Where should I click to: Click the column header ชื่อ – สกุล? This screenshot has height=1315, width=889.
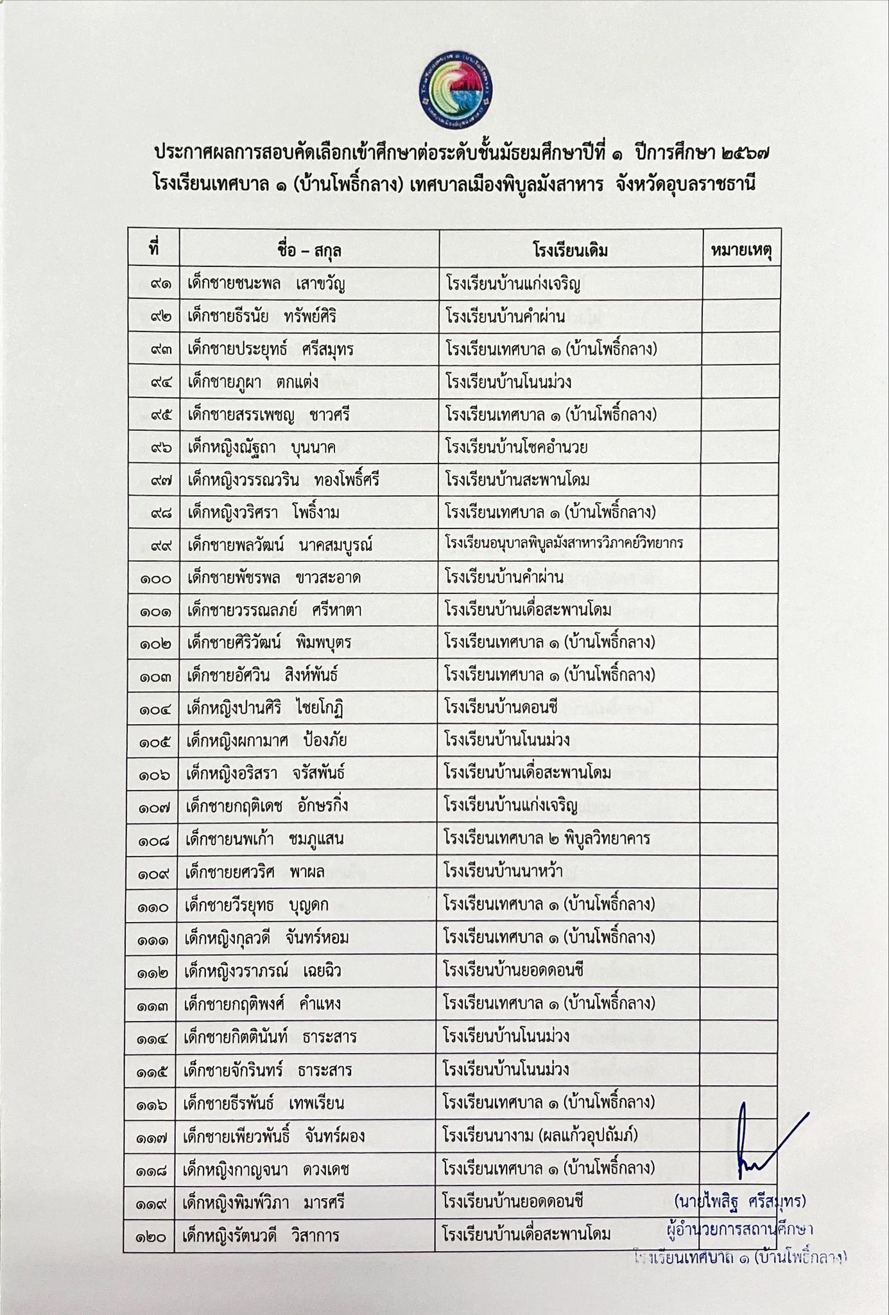pos(309,250)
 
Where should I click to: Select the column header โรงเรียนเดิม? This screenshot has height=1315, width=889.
pos(570,250)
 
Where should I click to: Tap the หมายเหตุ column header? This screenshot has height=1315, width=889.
pos(741,249)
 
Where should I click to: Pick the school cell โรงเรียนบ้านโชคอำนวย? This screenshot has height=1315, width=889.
pos(517,447)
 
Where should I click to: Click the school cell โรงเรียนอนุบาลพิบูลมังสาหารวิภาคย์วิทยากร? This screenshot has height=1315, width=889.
pos(564,544)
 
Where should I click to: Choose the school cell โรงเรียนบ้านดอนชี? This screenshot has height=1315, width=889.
pos(501,708)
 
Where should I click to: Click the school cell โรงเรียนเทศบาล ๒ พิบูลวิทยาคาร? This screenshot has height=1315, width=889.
pos(547,839)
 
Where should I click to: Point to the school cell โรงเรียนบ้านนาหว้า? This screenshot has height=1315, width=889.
pos(503,871)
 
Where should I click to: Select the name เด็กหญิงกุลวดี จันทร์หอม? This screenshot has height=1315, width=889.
pos(266,938)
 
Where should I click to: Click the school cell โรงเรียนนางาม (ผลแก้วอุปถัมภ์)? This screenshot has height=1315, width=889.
pos(540,1135)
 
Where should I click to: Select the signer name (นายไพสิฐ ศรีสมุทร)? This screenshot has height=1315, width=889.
pos(739,1200)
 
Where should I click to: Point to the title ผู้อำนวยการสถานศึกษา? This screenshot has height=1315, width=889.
pos(740,1230)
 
